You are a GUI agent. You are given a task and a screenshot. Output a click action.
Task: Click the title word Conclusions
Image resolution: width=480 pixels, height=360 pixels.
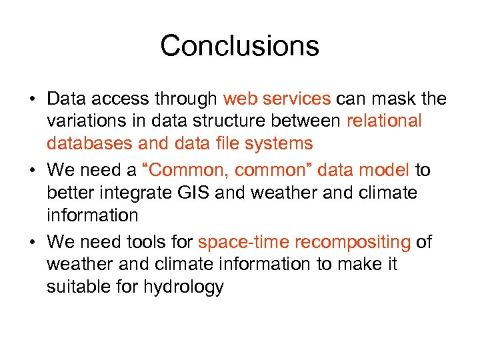pos(239,46)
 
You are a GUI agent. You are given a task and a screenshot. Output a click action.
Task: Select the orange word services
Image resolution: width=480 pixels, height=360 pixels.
pos(297,99)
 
